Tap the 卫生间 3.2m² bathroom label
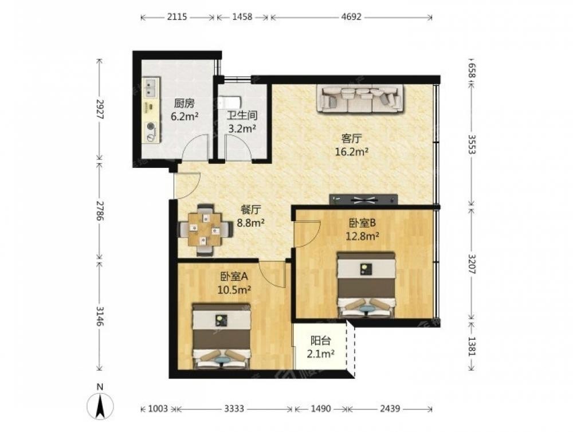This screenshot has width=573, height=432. tap(242, 121)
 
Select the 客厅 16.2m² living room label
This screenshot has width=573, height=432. tap(352, 145)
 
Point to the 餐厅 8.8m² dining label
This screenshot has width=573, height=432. tap(251, 216)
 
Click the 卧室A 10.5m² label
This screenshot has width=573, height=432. tap(234, 283)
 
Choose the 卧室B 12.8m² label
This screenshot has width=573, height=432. tap(362, 229)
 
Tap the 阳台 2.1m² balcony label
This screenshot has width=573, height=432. tap(321, 347)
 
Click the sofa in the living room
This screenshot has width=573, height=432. tap(360, 98)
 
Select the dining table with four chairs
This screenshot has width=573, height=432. tap(205, 230)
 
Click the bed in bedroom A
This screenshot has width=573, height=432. tap(221, 336)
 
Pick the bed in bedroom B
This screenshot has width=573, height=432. tap(366, 284)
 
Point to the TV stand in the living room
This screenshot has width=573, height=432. tap(363, 199)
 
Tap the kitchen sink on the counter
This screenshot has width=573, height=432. tap(150, 87)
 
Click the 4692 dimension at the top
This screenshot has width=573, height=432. tap(352, 17)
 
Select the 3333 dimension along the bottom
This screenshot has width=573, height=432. tap(234, 409)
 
